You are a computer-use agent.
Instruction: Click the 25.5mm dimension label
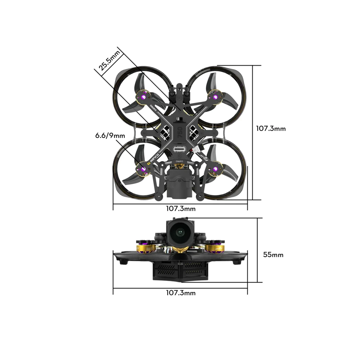[x=109, y=61]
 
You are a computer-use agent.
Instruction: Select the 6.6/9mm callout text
[x=110, y=136]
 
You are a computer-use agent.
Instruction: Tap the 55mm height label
[x=273, y=255]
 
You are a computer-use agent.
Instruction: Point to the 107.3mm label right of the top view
[x=271, y=128]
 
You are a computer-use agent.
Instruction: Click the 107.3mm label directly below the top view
[x=181, y=208]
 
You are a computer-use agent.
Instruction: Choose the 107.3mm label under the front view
[x=181, y=293]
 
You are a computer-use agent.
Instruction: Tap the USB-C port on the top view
[x=179, y=149]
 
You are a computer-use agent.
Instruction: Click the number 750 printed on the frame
[x=180, y=133]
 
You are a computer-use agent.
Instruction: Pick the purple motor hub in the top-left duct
[x=143, y=96]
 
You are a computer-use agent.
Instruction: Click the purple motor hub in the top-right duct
[x=215, y=97]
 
